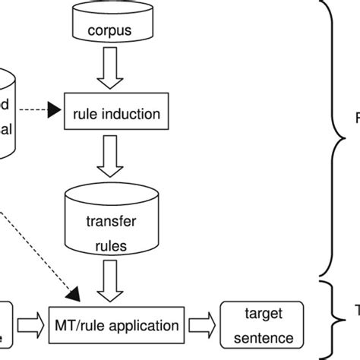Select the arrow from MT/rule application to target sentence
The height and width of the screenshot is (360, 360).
pyautogui.click(x=203, y=325)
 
